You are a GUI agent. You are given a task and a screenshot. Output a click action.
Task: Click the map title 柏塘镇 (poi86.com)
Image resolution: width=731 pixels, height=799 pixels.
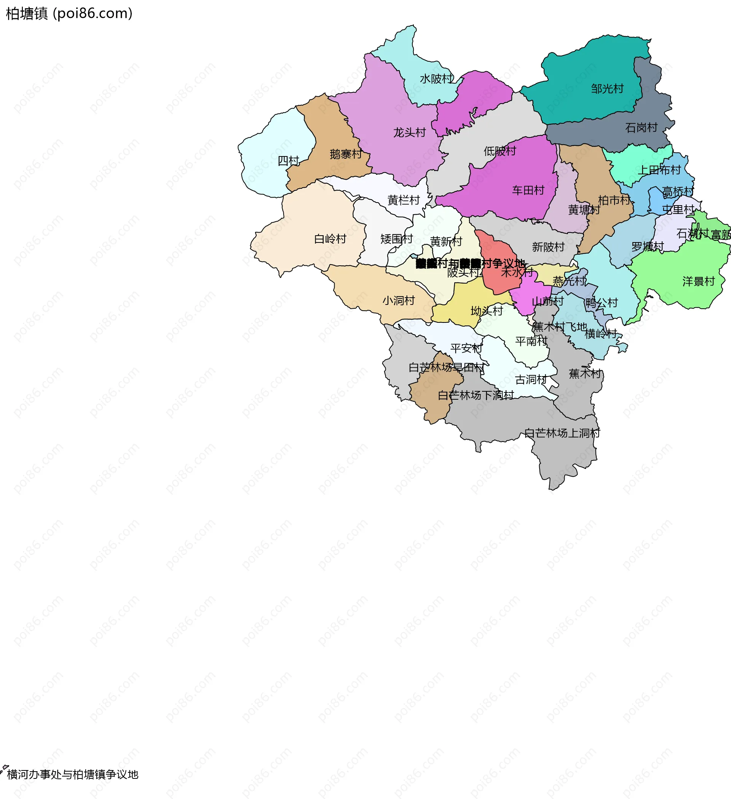coord(69,13)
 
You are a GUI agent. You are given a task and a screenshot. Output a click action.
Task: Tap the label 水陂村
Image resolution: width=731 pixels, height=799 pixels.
coord(436,79)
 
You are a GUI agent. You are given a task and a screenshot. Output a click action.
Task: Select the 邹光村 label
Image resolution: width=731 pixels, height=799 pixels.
coord(607,89)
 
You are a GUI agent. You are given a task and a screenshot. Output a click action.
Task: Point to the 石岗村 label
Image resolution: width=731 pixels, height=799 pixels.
coord(642,128)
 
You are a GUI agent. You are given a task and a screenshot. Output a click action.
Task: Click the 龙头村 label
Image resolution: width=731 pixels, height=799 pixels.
coord(410,132)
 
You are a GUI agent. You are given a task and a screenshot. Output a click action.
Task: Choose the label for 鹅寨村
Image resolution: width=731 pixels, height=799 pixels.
coord(346,154)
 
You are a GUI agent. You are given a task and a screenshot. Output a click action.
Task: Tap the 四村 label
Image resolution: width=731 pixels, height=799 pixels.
coord(288,161)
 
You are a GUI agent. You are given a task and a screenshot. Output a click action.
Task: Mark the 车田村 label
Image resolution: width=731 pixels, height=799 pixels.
coord(528,191)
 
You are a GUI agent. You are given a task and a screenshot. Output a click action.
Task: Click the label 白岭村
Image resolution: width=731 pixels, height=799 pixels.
coord(330,239)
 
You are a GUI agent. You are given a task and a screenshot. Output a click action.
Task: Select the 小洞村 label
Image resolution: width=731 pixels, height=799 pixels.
coord(399,301)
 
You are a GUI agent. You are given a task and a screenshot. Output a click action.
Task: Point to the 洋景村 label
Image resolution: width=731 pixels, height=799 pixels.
coord(699,282)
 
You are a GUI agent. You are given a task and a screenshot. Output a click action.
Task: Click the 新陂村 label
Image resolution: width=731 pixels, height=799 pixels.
coord(548,247)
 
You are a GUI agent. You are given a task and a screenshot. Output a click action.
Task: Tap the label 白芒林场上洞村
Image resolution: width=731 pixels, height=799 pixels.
coord(562,433)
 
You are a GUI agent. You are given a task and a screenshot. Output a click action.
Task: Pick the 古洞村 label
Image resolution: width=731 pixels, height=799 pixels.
coord(531,380)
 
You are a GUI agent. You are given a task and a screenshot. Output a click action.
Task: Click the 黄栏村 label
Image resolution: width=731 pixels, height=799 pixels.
coord(404,200)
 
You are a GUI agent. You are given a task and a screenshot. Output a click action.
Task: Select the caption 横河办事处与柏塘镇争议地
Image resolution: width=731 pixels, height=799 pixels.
coord(73,774)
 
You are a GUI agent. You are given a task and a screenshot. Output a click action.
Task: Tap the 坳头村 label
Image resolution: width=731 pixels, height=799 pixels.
coord(487,311)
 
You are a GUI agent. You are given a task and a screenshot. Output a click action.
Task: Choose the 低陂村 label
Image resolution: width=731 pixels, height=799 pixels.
coord(500,151)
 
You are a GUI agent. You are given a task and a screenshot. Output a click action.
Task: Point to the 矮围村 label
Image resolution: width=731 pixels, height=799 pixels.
coord(396,239)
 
